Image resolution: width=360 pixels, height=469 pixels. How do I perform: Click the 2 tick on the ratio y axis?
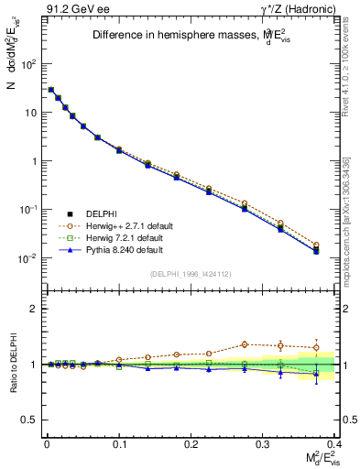coord(35,309)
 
